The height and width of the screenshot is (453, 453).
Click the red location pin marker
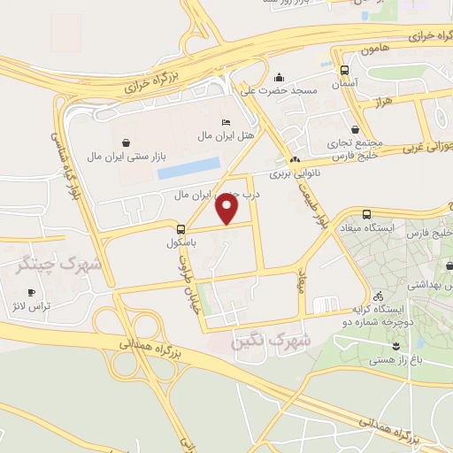pyautogui.click(x=228, y=209)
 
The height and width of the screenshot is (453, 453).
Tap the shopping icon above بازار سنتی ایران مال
pyautogui.click(x=127, y=142)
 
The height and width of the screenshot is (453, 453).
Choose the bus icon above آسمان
pyautogui.click(x=343, y=70)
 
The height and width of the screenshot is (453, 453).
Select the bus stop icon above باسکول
pyautogui.click(x=181, y=227)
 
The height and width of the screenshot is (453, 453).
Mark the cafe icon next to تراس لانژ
pyautogui.click(x=32, y=292)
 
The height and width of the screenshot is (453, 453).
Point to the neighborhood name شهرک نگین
pyautogui.click(x=271, y=340)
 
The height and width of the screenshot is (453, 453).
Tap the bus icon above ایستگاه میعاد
pyautogui.click(x=367, y=214)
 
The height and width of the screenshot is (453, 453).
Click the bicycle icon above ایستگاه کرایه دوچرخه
pyautogui.click(x=379, y=296)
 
